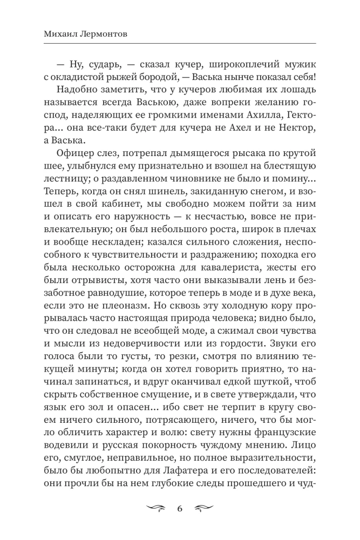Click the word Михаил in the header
pyautogui.click(x=57, y=35)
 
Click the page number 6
pyautogui.click(x=180, y=509)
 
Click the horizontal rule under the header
pyautogui.click(x=180, y=44)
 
